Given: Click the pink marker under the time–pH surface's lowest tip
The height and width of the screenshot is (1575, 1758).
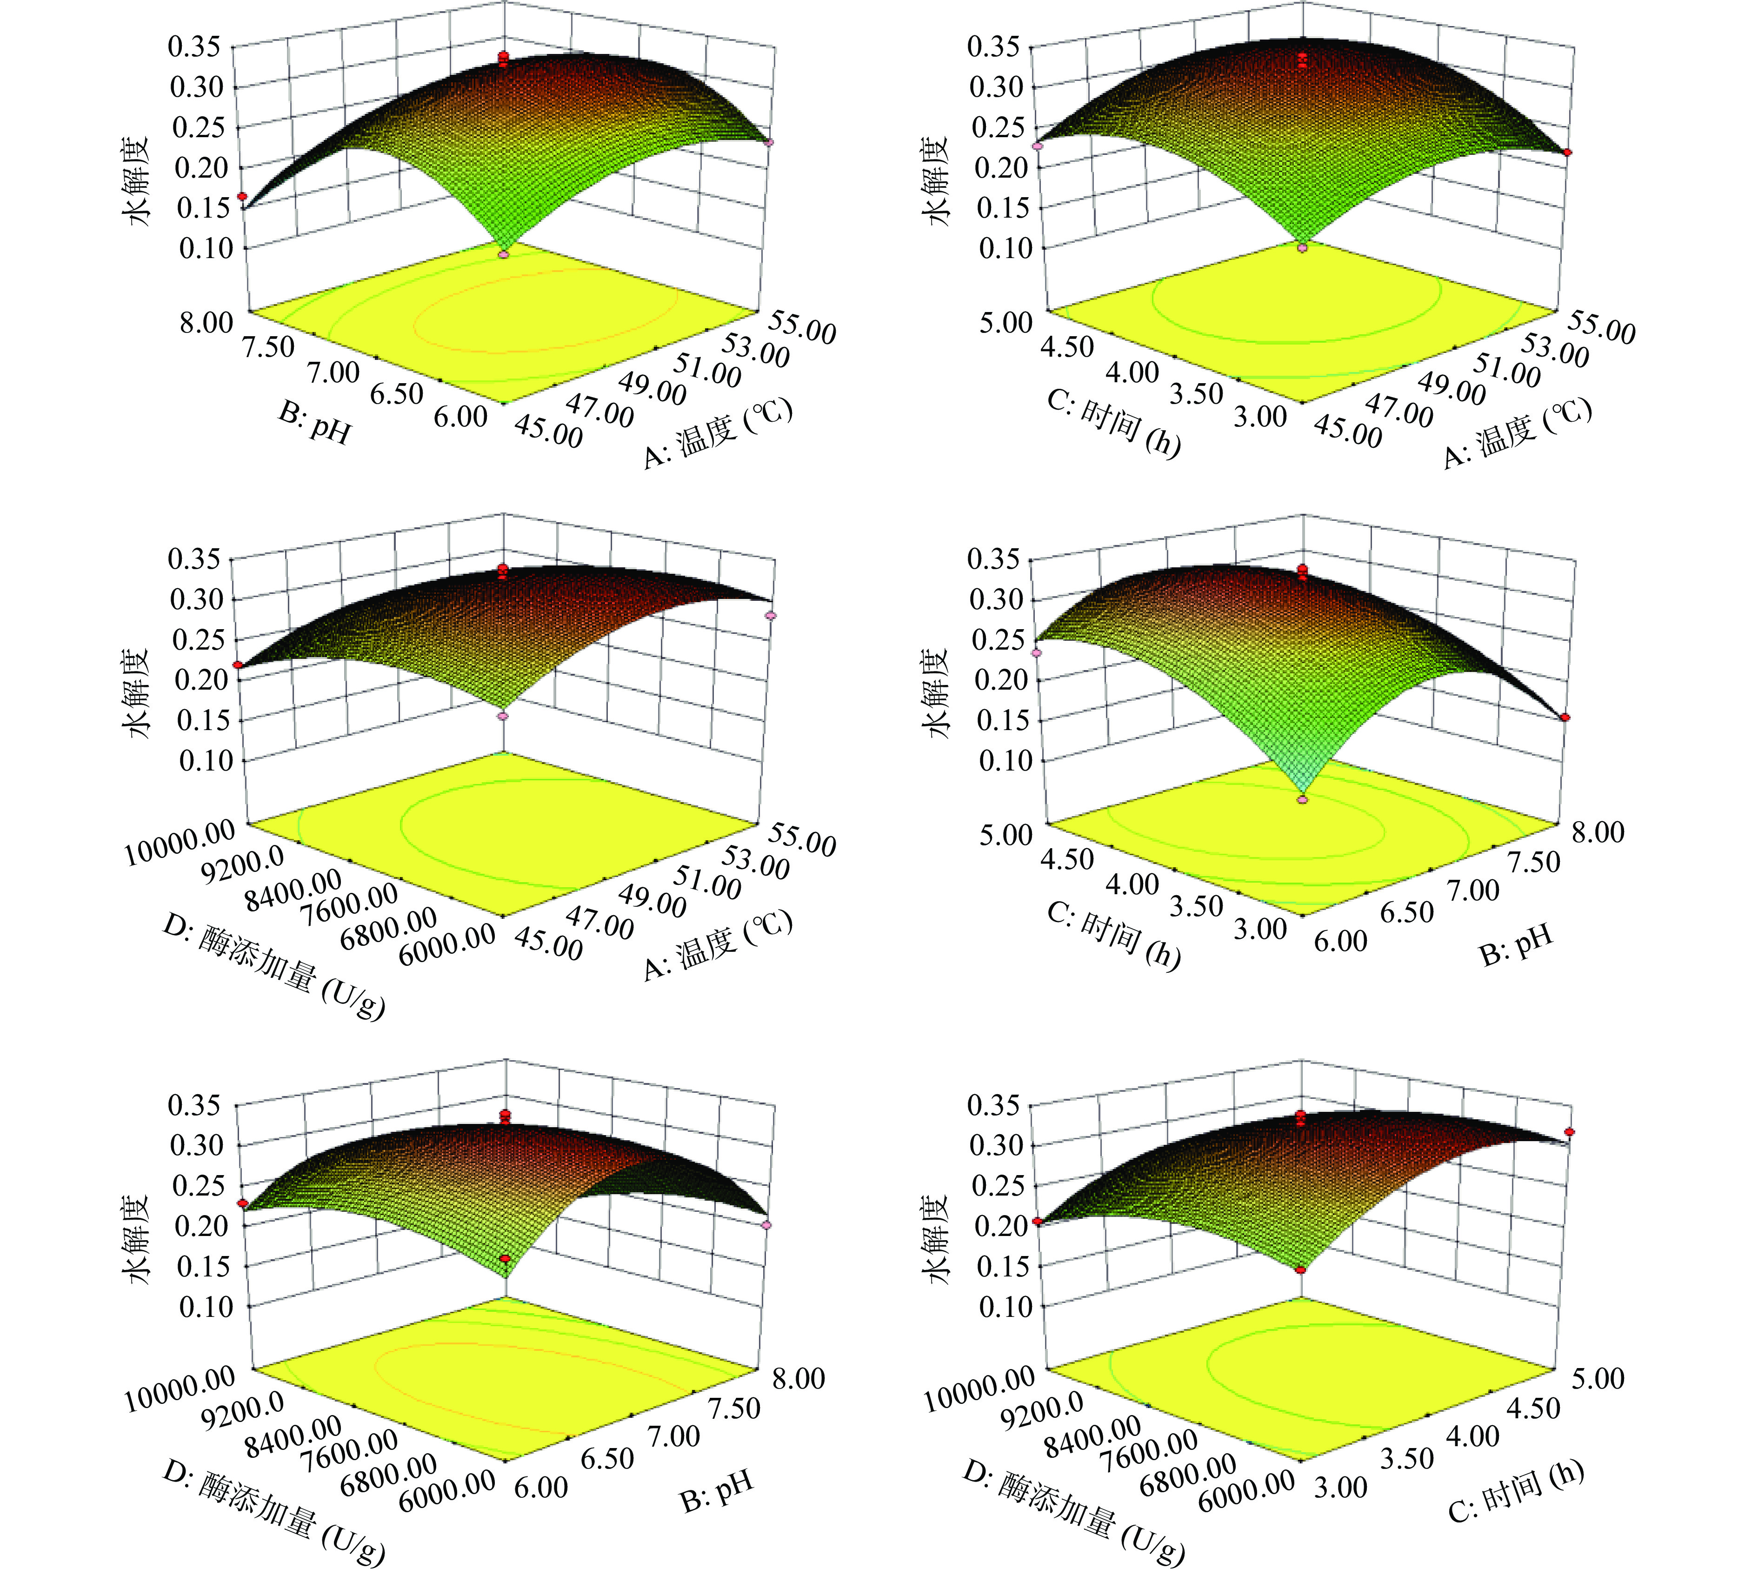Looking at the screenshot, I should pyautogui.click(x=1302, y=800).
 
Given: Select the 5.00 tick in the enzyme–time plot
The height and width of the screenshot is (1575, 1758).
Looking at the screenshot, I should pyautogui.click(x=1598, y=1378).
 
